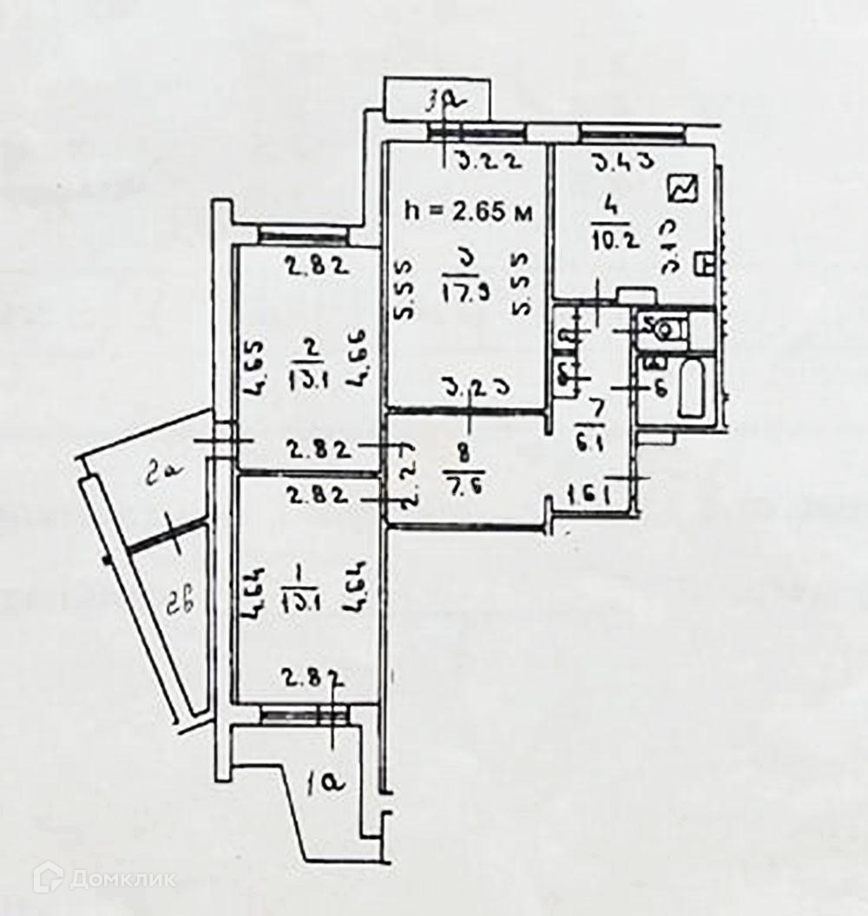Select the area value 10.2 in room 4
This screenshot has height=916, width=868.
pos(615,240)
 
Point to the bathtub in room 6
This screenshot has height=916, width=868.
pos(692,392)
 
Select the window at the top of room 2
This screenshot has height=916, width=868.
pos(303,234)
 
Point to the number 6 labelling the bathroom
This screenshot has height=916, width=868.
pos(660,390)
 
